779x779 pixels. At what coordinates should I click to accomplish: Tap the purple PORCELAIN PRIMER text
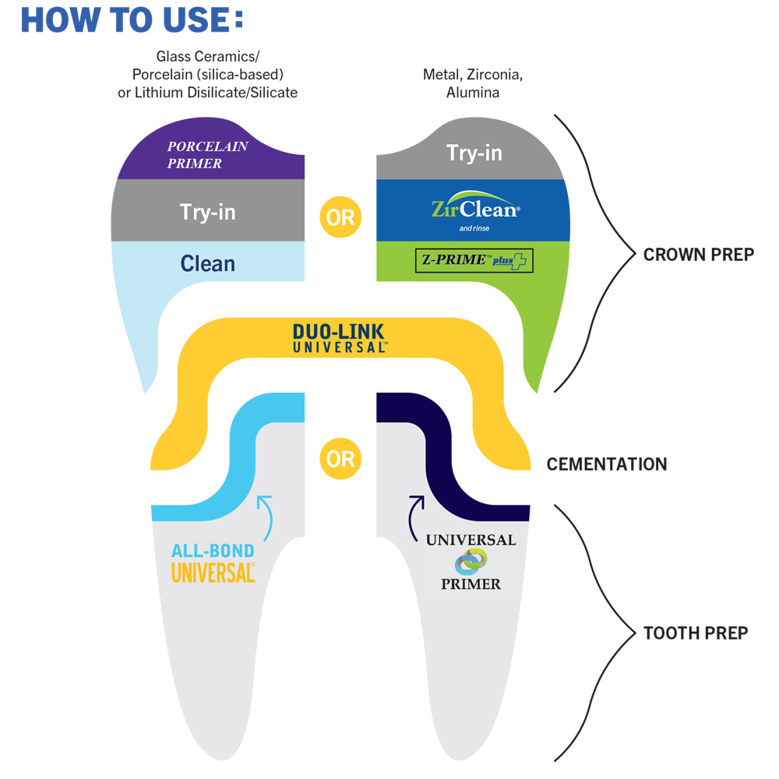coord(207,155)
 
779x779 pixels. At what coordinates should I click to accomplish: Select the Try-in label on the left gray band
coord(207,212)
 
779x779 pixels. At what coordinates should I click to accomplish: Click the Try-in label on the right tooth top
coord(474,153)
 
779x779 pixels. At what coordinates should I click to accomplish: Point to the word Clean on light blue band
coord(207,263)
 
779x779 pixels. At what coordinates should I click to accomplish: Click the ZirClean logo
coord(474,208)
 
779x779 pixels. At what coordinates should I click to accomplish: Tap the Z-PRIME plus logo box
coord(474,261)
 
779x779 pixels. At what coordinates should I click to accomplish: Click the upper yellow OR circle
coord(340,217)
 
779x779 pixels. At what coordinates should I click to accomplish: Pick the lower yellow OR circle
coord(340,458)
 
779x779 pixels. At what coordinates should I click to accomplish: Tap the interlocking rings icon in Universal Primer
coord(471,562)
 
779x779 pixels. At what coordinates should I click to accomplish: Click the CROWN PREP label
coord(698,255)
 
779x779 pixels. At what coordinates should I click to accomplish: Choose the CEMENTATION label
coord(607,464)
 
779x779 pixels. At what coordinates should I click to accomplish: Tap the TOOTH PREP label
coord(696,633)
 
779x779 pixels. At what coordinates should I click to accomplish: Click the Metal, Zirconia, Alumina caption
coord(473,83)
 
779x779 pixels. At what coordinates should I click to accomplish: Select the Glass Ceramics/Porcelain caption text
coord(207,75)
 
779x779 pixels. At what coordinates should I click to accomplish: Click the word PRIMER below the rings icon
coord(471,583)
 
